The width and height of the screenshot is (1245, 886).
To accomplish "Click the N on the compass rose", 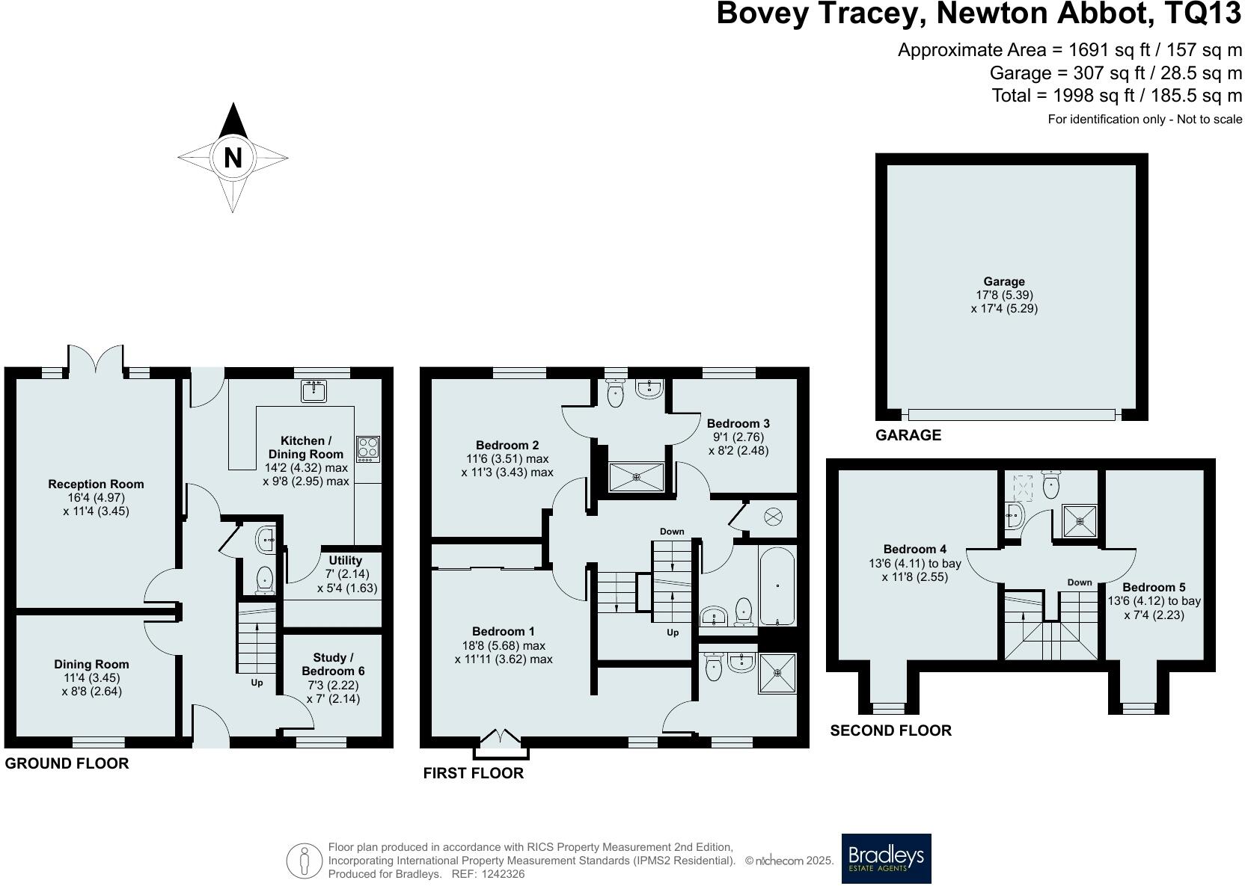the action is click(x=233, y=158).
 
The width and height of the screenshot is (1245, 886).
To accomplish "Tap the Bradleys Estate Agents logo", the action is click(x=886, y=858).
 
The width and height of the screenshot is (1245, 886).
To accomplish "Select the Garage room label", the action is click(x=1004, y=282).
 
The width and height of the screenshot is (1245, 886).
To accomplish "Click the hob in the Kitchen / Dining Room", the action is click(x=368, y=449).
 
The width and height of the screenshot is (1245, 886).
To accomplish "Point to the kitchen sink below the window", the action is click(x=313, y=391).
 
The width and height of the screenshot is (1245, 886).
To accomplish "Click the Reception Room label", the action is click(x=97, y=484).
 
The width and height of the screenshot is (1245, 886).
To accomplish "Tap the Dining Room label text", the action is click(x=92, y=665).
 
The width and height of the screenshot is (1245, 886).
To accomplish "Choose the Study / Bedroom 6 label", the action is click(x=333, y=665).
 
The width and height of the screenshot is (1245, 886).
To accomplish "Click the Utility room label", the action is click(x=345, y=561).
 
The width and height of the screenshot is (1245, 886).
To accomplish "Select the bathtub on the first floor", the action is click(x=777, y=586).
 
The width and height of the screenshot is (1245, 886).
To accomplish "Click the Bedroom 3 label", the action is click(x=738, y=424).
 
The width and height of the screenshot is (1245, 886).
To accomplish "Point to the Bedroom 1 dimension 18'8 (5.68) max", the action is click(x=503, y=646).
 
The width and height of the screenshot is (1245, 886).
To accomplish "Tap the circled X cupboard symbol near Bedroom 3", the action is click(x=773, y=517).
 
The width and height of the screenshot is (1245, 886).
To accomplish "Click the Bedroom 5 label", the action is click(x=1154, y=587).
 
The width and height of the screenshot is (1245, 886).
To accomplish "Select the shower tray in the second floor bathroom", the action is click(x=1080, y=521).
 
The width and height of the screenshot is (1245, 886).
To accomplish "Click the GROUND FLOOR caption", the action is click(x=67, y=763).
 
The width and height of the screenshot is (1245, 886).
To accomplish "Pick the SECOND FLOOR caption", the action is click(x=891, y=730).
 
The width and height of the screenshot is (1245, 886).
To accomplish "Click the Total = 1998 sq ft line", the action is click(x=1117, y=96).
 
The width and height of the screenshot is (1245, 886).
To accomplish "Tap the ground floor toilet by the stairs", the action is click(x=265, y=580).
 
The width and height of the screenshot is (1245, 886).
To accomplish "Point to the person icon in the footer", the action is click(x=305, y=861).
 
